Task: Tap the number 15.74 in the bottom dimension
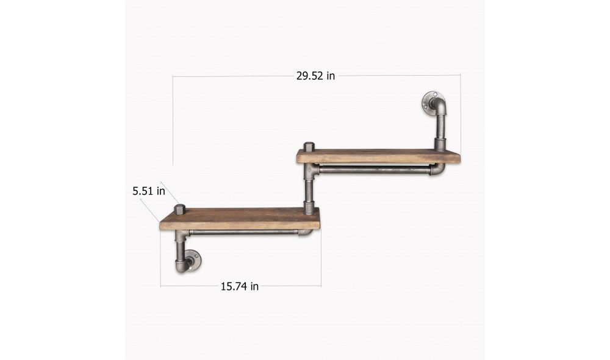232,286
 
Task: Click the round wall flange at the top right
432,101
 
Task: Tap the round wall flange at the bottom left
195,261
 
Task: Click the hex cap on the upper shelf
309,146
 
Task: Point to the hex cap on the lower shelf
179,209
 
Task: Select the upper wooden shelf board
378,156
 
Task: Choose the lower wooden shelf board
240,219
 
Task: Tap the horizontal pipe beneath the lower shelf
241,232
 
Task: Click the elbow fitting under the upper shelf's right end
438,169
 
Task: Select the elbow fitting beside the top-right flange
439,110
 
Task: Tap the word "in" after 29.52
331,76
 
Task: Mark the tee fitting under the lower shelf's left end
181,235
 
